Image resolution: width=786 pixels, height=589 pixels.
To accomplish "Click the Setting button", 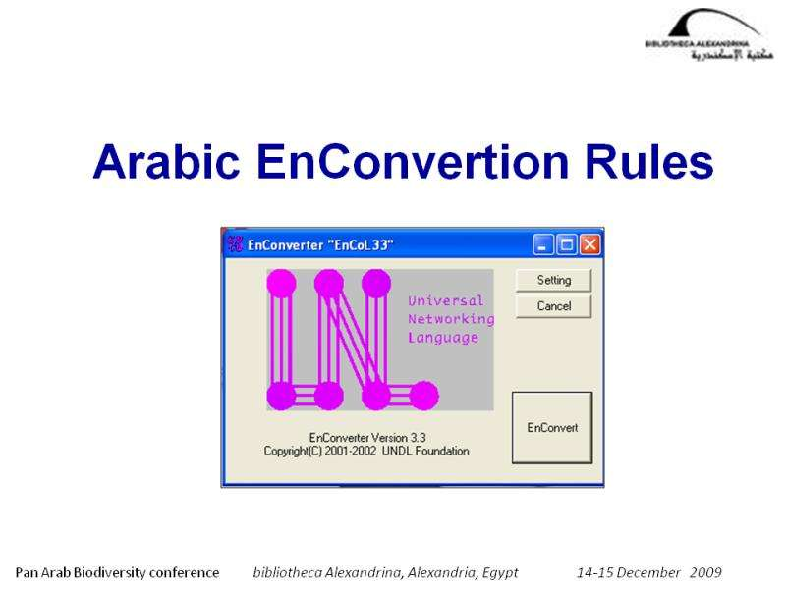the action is click(x=553, y=280).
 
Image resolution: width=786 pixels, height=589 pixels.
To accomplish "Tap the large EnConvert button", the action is click(x=552, y=427).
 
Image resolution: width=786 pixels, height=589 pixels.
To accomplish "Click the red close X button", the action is click(x=590, y=244).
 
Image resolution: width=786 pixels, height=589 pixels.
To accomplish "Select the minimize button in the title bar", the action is click(x=543, y=244).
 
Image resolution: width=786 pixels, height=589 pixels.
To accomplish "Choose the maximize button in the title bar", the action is click(x=567, y=244).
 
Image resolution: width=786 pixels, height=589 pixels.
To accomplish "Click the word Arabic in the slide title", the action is click(x=166, y=162).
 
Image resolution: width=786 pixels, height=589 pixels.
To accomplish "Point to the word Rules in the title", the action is click(x=649, y=162).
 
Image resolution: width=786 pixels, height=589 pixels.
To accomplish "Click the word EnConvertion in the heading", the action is click(x=413, y=162).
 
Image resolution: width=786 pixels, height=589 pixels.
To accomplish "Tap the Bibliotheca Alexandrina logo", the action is click(x=708, y=35).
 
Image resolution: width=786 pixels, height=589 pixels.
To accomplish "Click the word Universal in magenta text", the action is click(x=446, y=300).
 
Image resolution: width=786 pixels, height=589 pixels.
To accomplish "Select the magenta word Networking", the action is click(x=451, y=319).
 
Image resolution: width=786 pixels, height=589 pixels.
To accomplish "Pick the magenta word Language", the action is click(x=443, y=338).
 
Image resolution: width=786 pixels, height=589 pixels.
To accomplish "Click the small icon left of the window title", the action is click(x=235, y=243).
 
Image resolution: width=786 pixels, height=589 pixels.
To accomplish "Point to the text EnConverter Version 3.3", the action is click(x=367, y=438).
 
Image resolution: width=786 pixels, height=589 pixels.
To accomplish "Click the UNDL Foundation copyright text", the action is click(x=366, y=451).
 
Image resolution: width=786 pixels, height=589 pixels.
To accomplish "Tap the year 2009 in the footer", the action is click(x=705, y=572).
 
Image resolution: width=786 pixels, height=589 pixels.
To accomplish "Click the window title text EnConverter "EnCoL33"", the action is click(x=320, y=244).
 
